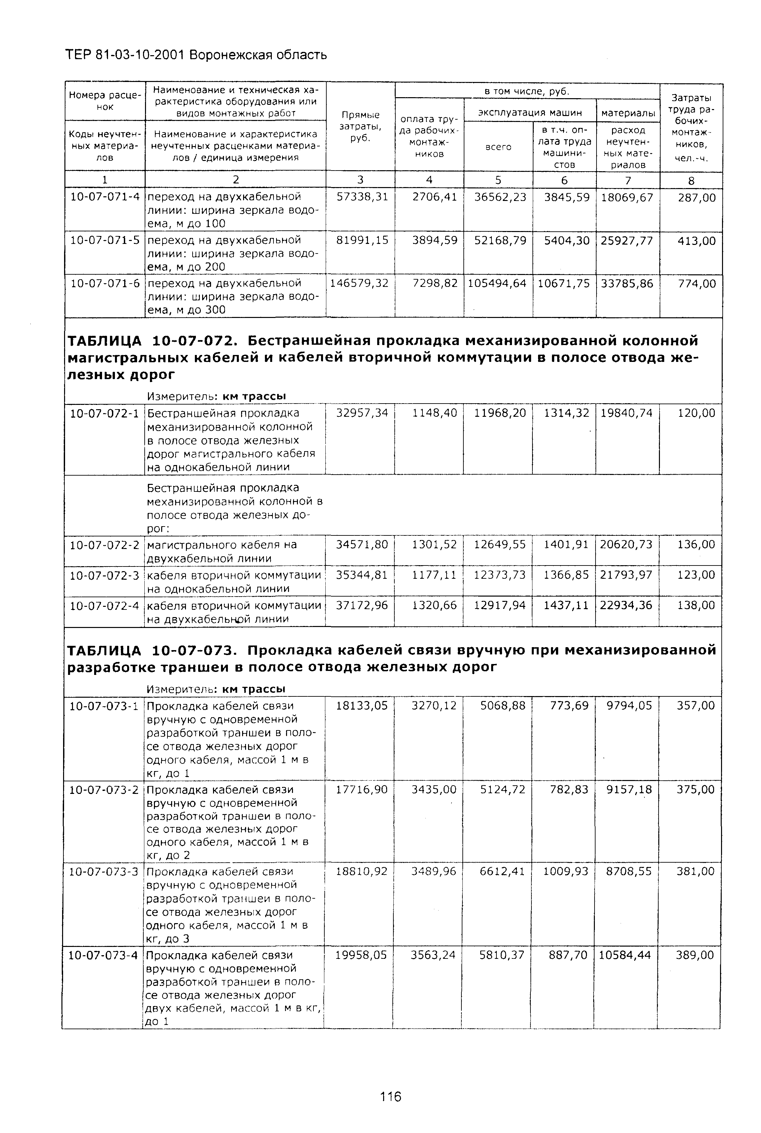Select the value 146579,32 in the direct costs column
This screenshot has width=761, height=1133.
click(359, 284)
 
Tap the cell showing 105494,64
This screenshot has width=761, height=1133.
click(497, 284)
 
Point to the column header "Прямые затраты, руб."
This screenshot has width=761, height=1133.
click(360, 126)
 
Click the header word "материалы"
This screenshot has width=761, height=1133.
click(628, 113)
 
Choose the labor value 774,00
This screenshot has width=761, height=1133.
click(697, 284)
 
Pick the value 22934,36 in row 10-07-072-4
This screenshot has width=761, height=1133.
click(626, 606)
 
